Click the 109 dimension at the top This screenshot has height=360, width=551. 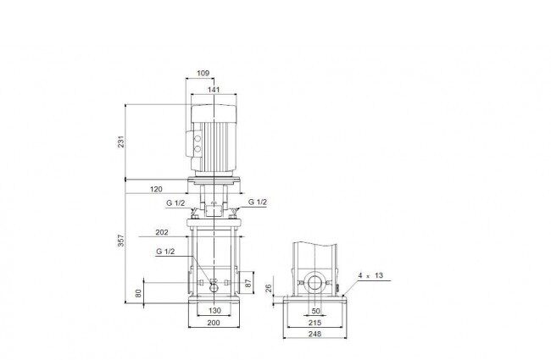tap(203, 73)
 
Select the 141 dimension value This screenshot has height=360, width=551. tap(214, 90)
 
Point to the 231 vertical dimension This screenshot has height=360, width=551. tap(121, 141)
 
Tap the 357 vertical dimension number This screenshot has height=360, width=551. tap(121, 241)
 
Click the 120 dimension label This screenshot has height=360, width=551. tap(156, 189)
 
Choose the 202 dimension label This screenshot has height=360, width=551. tap(162, 232)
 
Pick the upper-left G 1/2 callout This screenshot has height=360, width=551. tap(175, 202)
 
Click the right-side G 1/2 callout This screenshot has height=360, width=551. tap(258, 202)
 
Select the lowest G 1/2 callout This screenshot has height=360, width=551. tap(165, 252)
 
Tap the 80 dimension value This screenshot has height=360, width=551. tap(138, 293)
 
